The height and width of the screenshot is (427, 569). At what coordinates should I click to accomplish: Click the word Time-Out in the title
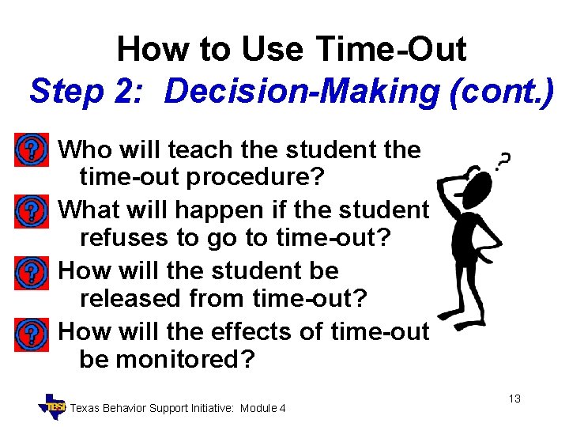coord(390,50)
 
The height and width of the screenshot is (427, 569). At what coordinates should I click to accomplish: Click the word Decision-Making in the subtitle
coord(301,91)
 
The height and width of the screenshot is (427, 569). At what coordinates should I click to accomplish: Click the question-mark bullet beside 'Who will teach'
coord(30,149)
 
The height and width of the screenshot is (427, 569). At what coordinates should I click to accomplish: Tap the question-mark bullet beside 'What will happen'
coord(30,210)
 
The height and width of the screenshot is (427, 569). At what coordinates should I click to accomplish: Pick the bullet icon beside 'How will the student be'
coord(30,272)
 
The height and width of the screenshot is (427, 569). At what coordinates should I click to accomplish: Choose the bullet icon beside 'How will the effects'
coord(30,333)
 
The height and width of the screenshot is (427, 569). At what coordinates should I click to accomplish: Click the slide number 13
coord(514,399)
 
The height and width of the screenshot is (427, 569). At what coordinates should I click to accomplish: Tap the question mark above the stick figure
coord(503,161)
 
